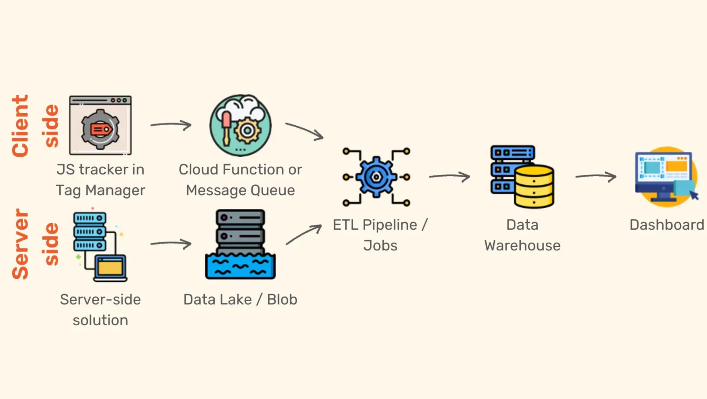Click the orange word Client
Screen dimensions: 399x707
pyautogui.click(x=20, y=126)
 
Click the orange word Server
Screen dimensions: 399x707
pyautogui.click(x=20, y=243)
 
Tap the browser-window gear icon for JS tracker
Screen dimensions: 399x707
pyautogui.click(x=100, y=125)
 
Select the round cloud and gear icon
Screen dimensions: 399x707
pyautogui.click(x=240, y=125)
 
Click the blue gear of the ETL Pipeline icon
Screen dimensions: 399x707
pyautogui.click(x=376, y=177)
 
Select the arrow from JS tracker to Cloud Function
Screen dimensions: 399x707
pyautogui.click(x=171, y=125)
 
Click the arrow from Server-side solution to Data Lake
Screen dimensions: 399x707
pyautogui.click(x=171, y=243)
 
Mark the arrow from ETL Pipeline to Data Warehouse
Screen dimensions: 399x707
pyautogui.click(x=450, y=177)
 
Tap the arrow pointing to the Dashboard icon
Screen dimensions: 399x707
pyautogui.click(x=596, y=177)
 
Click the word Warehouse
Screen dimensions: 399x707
pyautogui.click(x=522, y=246)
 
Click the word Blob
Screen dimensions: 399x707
pyautogui.click(x=282, y=299)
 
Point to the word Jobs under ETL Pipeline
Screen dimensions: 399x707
pyautogui.click(x=380, y=246)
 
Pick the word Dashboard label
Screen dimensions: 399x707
pyautogui.click(x=666, y=225)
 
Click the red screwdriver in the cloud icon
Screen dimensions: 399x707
pyautogui.click(x=226, y=127)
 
